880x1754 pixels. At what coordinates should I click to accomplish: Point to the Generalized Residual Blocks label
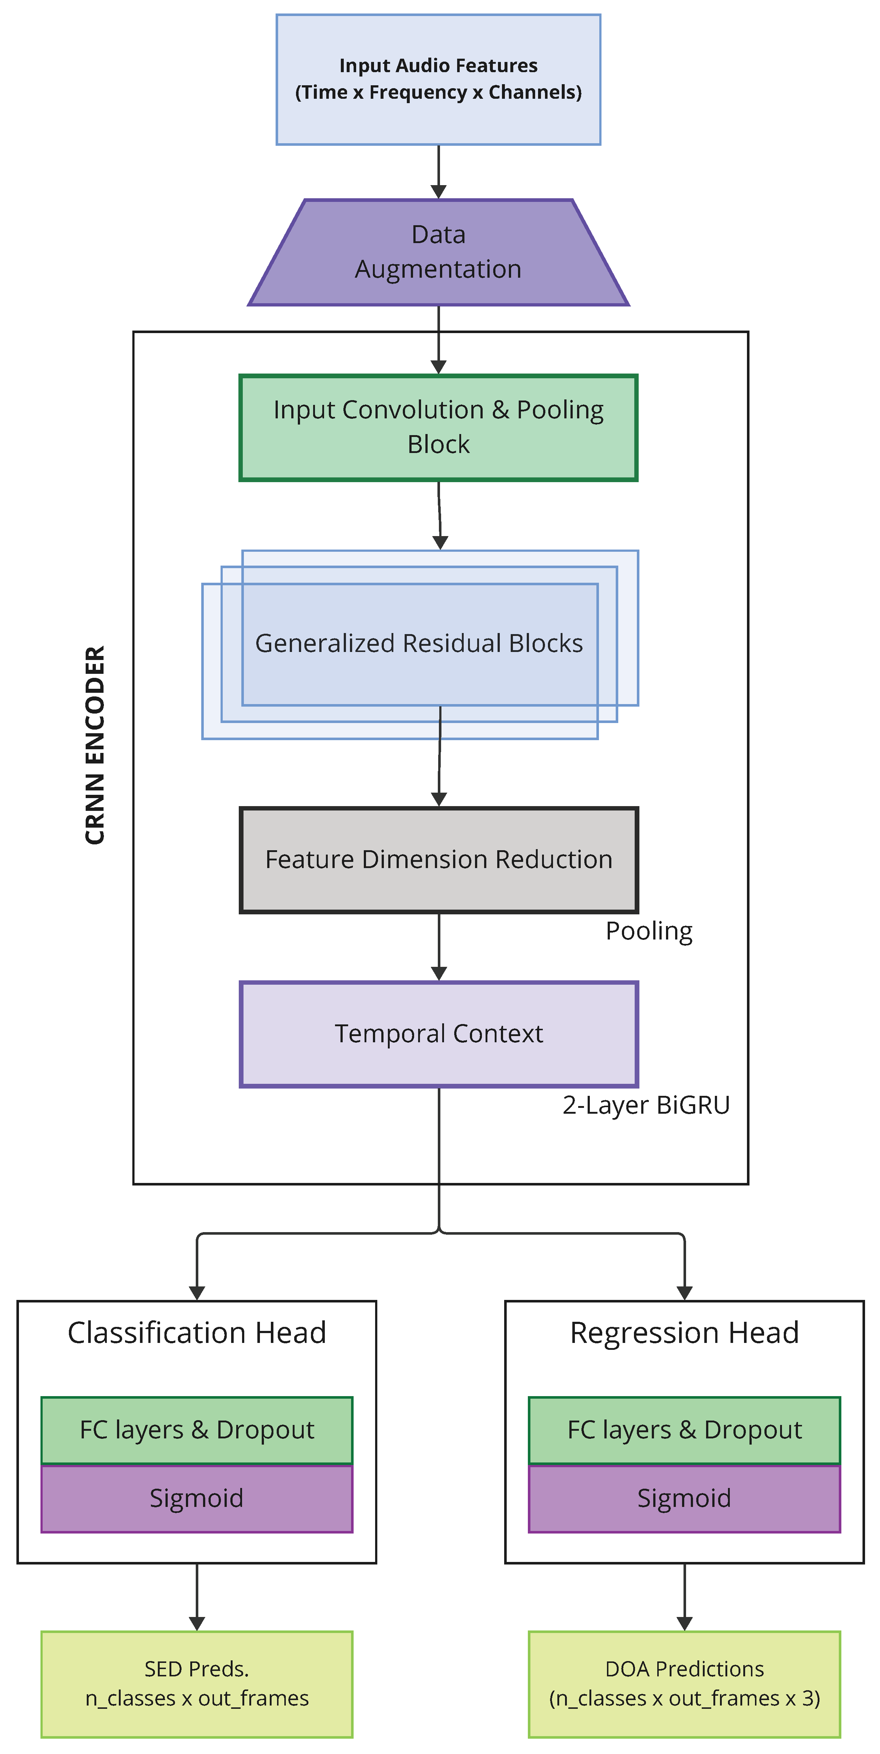(x=419, y=644)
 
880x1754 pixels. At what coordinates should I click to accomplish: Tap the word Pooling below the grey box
(x=649, y=931)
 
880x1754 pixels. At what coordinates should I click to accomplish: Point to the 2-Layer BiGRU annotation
(x=646, y=1105)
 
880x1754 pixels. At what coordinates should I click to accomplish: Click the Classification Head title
(x=197, y=1332)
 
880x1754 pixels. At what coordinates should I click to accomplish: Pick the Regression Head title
(x=685, y=1332)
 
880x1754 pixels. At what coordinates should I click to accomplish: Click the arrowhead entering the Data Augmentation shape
(x=439, y=191)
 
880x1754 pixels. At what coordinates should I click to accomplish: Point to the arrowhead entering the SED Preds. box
(x=197, y=1623)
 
